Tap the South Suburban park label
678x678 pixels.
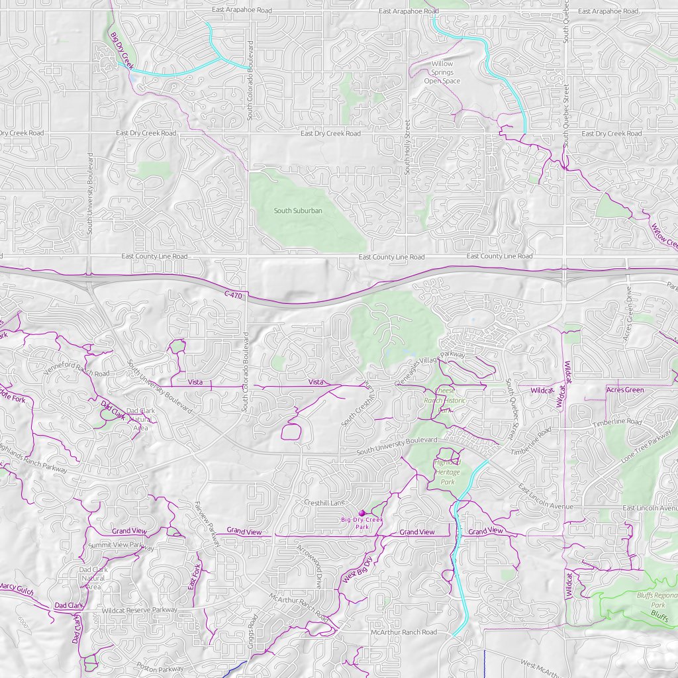[x=298, y=211]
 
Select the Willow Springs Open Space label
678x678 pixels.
[x=442, y=72]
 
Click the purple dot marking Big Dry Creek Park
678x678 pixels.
[x=362, y=512]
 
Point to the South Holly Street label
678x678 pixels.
[x=407, y=147]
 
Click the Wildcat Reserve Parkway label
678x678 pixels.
[x=139, y=610]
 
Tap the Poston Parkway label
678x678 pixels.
[x=160, y=667]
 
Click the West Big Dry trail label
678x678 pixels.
[x=357, y=569]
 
